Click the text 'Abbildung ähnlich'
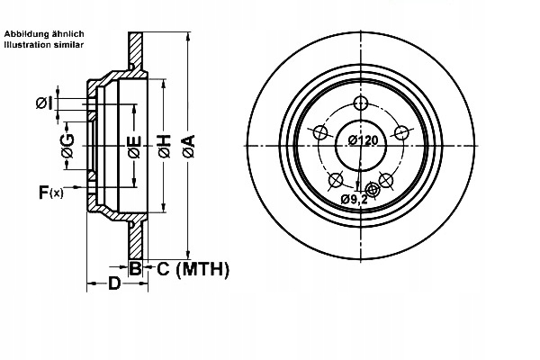tap(44, 33)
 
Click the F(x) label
tap(50, 192)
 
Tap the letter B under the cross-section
tap(134, 267)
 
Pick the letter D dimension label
tap(114, 285)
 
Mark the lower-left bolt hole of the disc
tap(336, 179)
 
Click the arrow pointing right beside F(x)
tap(76, 186)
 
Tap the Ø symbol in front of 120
tap(350, 140)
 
